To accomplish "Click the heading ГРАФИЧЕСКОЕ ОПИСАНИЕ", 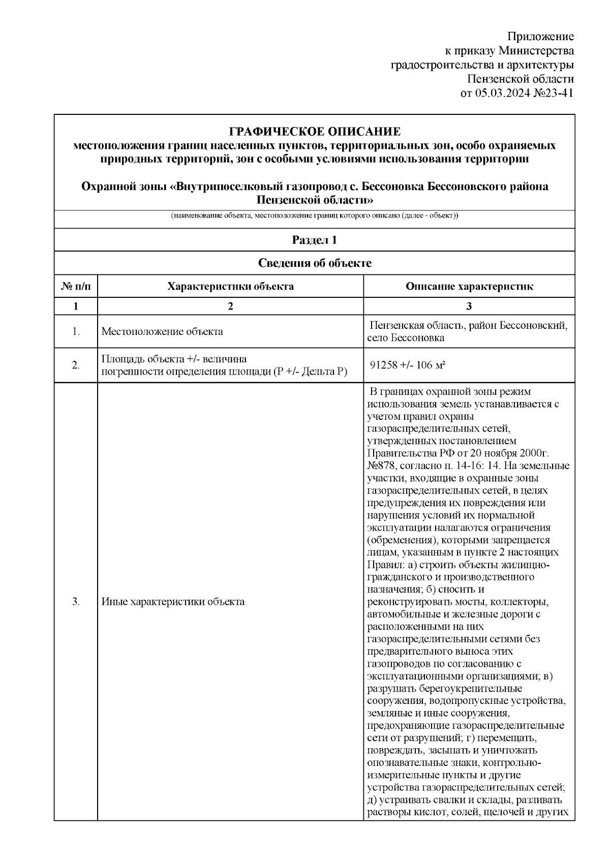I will (315, 132).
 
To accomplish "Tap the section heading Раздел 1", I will (314, 240).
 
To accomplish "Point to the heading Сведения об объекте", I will (315, 263).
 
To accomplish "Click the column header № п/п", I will (76, 287).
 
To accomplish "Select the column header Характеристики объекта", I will (230, 287).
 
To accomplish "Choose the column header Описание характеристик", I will (469, 287).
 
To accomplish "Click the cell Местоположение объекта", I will (162, 332).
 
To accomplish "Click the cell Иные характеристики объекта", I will (173, 602).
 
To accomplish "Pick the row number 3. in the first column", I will (76, 602).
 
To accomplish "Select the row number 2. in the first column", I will (76, 365).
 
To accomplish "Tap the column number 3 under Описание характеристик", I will (469, 306).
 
